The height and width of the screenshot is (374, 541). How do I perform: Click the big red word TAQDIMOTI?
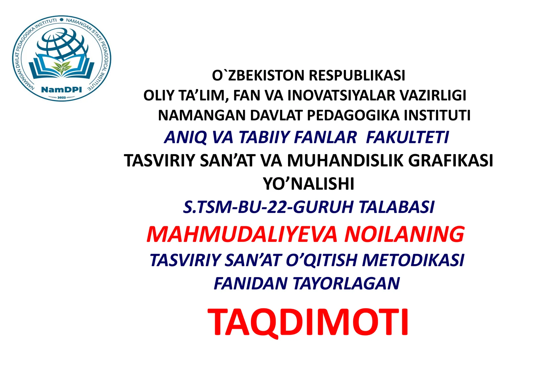point(308,322)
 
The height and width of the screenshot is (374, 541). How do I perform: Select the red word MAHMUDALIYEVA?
point(242,234)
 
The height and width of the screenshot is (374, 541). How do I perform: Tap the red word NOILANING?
point(404,234)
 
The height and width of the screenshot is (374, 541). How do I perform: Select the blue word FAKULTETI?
point(407,137)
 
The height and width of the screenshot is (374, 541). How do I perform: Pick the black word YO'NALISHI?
point(308,184)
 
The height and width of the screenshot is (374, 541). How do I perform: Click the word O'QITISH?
point(321,260)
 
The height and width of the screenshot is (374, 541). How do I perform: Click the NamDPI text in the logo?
point(61,90)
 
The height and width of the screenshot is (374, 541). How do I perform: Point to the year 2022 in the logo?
point(62,97)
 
